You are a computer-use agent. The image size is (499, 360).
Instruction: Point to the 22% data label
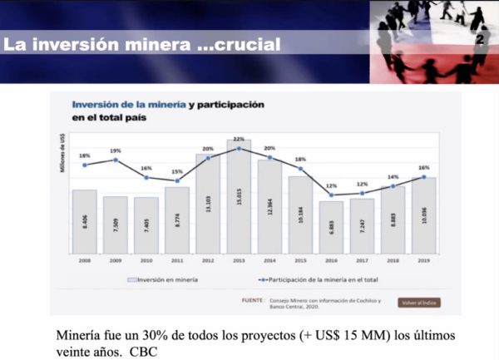coord(239,140)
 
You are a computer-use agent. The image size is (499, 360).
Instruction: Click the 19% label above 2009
coord(116,150)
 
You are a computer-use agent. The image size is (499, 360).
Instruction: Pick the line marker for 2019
coord(424,177)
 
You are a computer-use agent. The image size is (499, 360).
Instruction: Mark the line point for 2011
coord(177,181)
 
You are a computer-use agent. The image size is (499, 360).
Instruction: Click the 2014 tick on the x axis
coord(269,260)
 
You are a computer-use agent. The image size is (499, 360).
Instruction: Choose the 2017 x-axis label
coord(362,260)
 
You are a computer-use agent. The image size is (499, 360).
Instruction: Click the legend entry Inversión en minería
coord(167,280)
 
